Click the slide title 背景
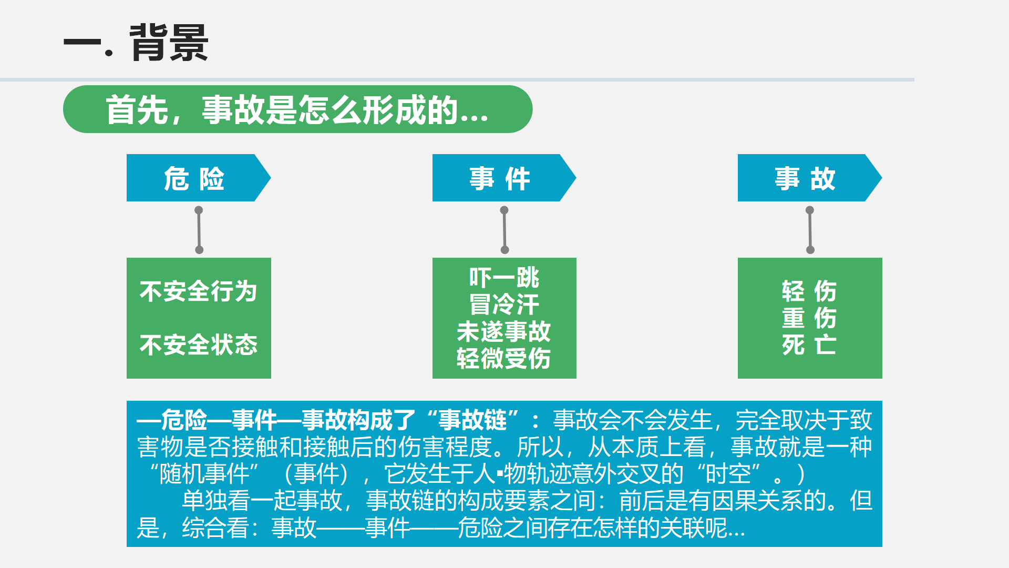click(x=169, y=43)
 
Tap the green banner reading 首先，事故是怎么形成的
click(x=297, y=109)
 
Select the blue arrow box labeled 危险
click(x=199, y=178)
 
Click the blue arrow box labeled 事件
click(x=504, y=178)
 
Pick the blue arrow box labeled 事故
click(x=809, y=178)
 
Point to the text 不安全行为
click(x=199, y=291)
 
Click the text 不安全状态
click(x=199, y=345)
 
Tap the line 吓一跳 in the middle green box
click(x=504, y=278)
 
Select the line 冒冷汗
click(x=504, y=305)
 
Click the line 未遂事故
click(x=504, y=331)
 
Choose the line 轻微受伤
click(x=504, y=359)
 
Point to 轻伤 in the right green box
click(x=809, y=291)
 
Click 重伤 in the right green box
click(x=809, y=318)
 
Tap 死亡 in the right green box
click(x=809, y=345)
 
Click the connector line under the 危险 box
click(x=199, y=230)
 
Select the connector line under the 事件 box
click(x=504, y=230)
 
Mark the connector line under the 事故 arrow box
click(x=810, y=230)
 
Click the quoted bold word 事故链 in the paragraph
click(x=472, y=420)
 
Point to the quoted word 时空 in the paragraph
click(x=728, y=474)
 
